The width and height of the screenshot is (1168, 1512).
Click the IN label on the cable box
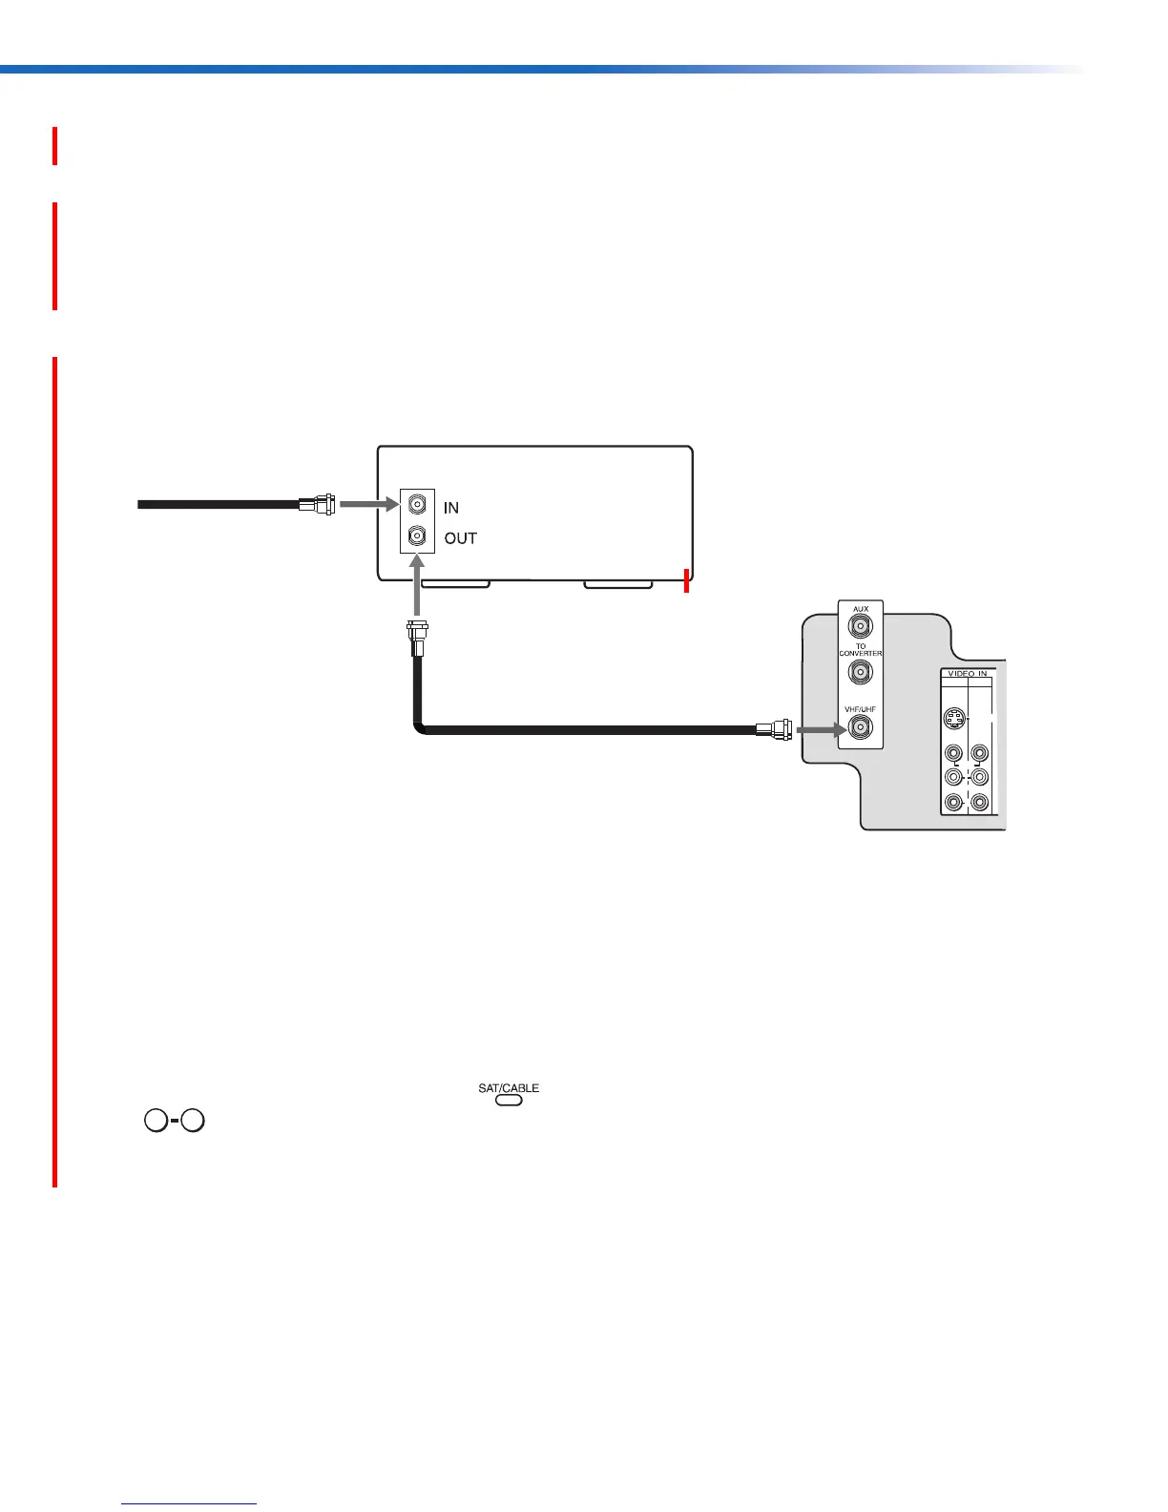tap(451, 508)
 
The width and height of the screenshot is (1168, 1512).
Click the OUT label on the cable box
tap(461, 538)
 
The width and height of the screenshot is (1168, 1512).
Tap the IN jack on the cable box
tap(417, 506)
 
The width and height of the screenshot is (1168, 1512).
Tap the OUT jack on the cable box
tap(417, 537)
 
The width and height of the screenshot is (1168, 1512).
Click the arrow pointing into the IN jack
tap(368, 504)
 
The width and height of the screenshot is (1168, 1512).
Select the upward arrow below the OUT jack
tap(417, 588)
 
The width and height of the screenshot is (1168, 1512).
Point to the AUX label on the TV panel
tap(861, 609)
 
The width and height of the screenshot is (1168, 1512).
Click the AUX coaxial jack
tap(861, 627)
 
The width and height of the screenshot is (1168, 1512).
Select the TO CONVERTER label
tap(861, 650)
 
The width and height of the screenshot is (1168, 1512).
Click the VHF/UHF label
tap(861, 709)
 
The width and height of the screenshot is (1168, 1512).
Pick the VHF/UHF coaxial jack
tap(861, 729)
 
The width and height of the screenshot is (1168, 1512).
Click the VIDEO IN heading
tap(966, 674)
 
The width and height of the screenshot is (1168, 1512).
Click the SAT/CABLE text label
tap(509, 1088)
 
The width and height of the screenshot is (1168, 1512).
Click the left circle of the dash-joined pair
tap(156, 1121)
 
